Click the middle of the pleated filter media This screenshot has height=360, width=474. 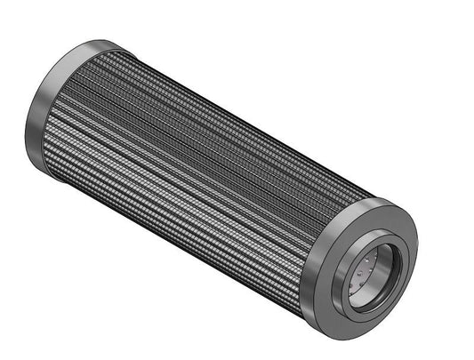tap(205, 178)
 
